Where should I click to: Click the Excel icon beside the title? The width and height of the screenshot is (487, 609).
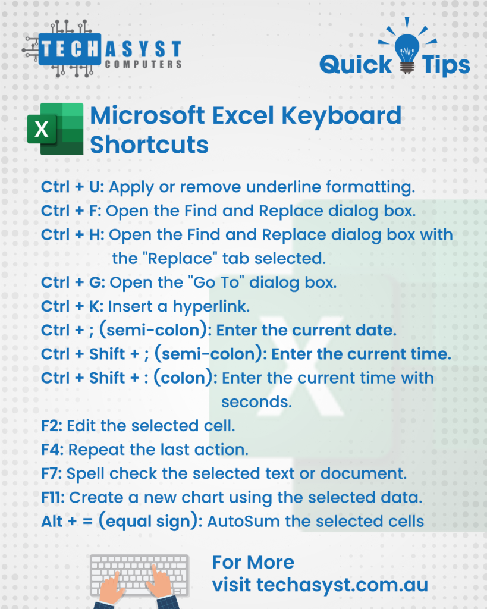point(55,129)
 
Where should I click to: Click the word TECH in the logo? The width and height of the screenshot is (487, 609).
point(70,50)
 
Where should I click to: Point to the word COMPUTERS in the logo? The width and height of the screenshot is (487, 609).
point(143,64)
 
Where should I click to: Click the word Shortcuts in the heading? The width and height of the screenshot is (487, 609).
point(149,145)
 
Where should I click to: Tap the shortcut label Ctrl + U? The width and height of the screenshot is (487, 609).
point(72,187)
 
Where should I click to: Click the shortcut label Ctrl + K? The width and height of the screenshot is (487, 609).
point(72,306)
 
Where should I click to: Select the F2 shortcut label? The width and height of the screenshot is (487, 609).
point(52,426)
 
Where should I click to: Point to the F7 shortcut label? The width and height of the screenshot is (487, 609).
point(52,473)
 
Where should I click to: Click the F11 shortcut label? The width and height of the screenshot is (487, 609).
point(53,498)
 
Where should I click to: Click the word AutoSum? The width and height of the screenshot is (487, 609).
point(243,521)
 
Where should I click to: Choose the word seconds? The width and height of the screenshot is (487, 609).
point(256,402)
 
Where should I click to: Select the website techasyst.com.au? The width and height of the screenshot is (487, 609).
point(342,585)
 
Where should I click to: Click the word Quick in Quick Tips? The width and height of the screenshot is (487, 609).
point(356,64)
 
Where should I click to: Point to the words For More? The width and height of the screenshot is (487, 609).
point(253,563)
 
